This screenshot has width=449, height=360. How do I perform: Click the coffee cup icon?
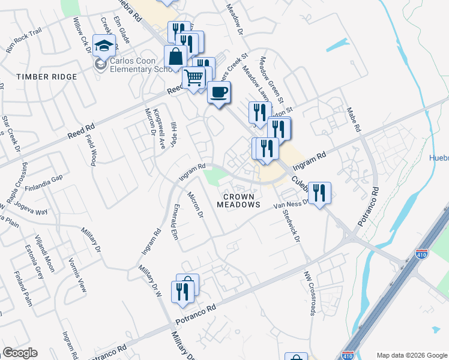pyautogui.click(x=219, y=92)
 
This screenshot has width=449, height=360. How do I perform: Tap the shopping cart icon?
pyautogui.click(x=193, y=78)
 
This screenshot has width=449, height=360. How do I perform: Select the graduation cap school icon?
pyautogui.click(x=104, y=46)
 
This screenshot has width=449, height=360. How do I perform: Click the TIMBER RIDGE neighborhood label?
pyautogui.click(x=47, y=77)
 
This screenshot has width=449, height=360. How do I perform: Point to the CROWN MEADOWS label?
pyautogui.click(x=239, y=200)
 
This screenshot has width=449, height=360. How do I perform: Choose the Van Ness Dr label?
pyautogui.click(x=291, y=205)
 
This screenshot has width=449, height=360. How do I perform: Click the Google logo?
pyautogui.click(x=20, y=353)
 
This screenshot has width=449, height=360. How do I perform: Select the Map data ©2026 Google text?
pyautogui.click(x=411, y=355)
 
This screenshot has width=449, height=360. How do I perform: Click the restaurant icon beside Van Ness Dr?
pyautogui.click(x=319, y=193)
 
